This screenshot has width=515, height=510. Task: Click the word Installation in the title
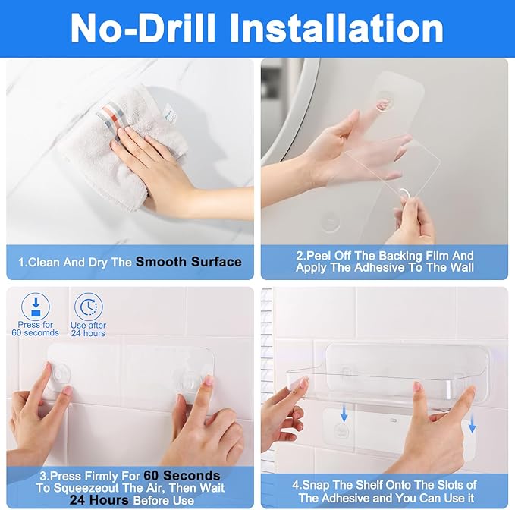[336, 28]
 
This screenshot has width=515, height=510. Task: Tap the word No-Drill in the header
[143, 28]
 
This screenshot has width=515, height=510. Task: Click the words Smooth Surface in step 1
[189, 262]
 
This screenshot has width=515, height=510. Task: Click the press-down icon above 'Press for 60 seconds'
[36, 307]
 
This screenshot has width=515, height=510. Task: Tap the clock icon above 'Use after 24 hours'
[88, 307]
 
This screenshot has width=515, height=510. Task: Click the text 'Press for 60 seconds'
[36, 329]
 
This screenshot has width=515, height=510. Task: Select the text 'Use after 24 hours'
[88, 329]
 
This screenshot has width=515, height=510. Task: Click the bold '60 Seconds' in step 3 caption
[182, 476]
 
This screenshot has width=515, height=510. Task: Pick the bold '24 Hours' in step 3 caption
[99, 500]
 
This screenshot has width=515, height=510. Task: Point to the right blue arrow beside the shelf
[472, 425]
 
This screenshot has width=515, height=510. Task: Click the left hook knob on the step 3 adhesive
[61, 375]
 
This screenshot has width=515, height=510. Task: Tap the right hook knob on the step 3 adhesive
[187, 379]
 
